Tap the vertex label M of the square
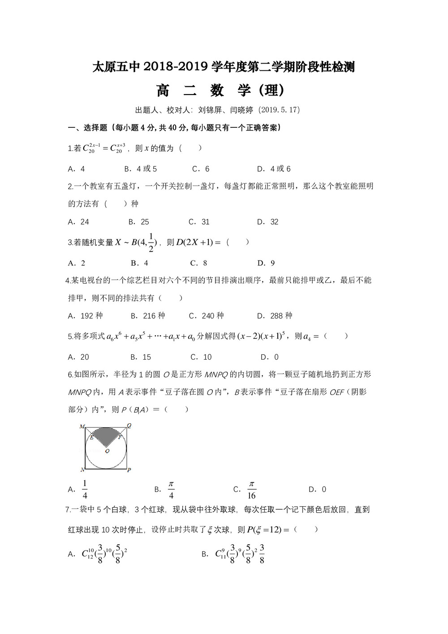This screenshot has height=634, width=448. (x=82, y=426)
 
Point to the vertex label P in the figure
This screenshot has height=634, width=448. (x=129, y=470)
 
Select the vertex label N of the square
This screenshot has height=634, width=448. (x=82, y=470)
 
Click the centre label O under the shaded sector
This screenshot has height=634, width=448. (x=107, y=451)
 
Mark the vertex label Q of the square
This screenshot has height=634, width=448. (x=129, y=426)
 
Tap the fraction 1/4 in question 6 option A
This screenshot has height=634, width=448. (x=85, y=490)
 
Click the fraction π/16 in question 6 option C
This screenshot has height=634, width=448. (x=251, y=490)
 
